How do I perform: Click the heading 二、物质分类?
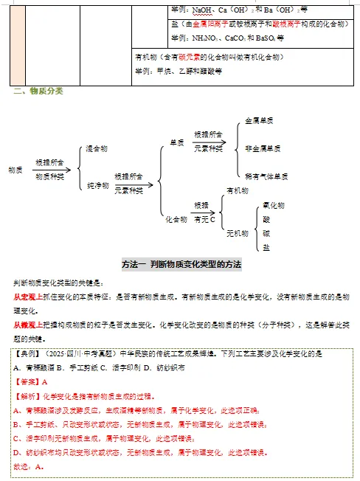point(38,91)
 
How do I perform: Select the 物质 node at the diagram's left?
point(15,170)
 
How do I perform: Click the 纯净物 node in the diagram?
point(97,185)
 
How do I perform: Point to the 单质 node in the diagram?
point(177,142)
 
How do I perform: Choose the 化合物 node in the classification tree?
point(176,218)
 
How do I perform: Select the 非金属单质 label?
point(263,148)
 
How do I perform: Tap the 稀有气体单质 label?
point(266,176)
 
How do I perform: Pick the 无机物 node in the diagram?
point(237,233)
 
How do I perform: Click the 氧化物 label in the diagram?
point(274,205)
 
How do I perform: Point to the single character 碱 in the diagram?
point(266,233)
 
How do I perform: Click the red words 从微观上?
point(27,324)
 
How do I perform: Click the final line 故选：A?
point(29,466)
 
